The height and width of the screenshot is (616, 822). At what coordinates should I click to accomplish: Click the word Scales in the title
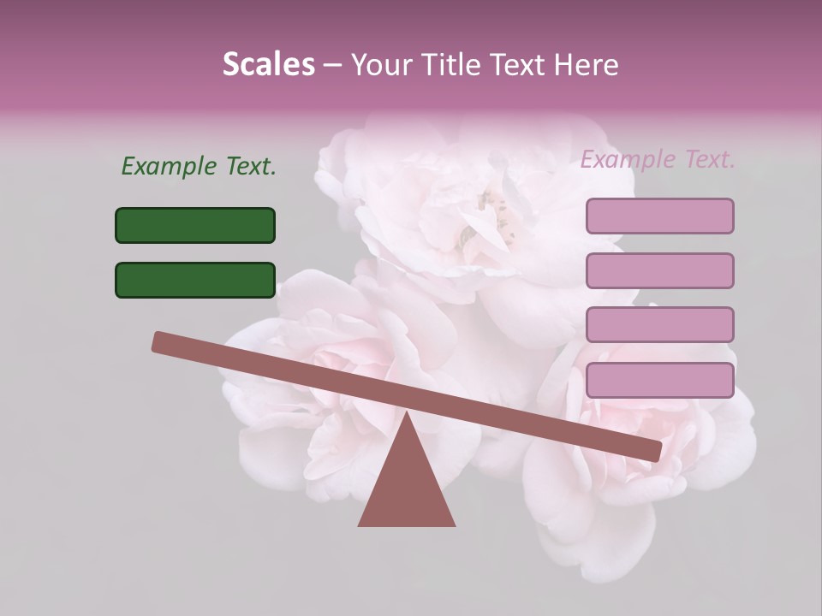pos(268,64)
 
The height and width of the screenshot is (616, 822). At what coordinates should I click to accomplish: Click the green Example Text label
pos(199,166)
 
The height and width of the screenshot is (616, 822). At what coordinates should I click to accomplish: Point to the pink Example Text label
pos(658,159)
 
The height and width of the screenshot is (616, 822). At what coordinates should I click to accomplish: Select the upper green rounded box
pos(195,225)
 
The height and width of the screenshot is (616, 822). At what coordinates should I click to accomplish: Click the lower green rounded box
pos(195,280)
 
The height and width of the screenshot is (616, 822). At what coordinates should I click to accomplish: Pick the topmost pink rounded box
pos(659,216)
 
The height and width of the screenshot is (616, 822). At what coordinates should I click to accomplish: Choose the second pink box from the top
pos(659,270)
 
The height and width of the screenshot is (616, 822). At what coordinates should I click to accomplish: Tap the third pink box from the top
pos(659,324)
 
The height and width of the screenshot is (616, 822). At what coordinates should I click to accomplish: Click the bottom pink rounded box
pos(659,380)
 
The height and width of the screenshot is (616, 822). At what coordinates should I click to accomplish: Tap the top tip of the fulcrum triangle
pos(407,415)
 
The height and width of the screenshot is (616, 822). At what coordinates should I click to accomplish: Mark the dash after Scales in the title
pos(332,64)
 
